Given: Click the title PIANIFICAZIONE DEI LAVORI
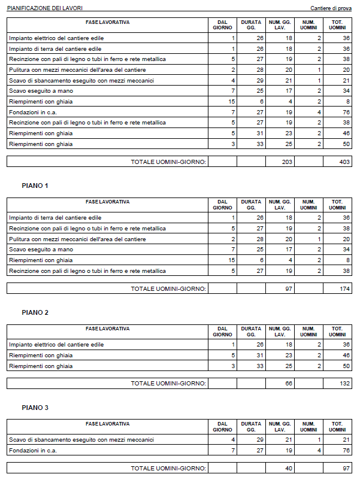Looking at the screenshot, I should tap(45, 8).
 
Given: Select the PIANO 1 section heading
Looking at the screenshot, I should tap(35, 186).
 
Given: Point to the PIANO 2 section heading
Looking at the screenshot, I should tap(35, 312).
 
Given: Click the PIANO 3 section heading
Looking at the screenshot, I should tap(35, 408).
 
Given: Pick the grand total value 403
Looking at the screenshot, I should tap(344, 162).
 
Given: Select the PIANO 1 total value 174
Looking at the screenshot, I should tap(344, 288).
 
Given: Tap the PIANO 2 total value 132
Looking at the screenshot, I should tap(344, 383).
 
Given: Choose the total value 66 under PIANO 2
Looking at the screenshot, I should tap(288, 383).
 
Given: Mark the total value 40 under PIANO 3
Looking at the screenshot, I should tap(288, 468).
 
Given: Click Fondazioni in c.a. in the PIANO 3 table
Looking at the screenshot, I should tap(32, 450).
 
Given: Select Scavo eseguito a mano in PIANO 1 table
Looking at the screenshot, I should tap(41, 250).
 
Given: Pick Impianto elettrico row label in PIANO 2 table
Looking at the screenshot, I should tap(56, 345).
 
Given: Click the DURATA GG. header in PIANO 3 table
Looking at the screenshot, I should tap(251, 427).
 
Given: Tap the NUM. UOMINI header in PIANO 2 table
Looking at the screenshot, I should tap(308, 332).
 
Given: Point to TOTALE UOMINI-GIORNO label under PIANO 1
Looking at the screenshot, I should tap(168, 288).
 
